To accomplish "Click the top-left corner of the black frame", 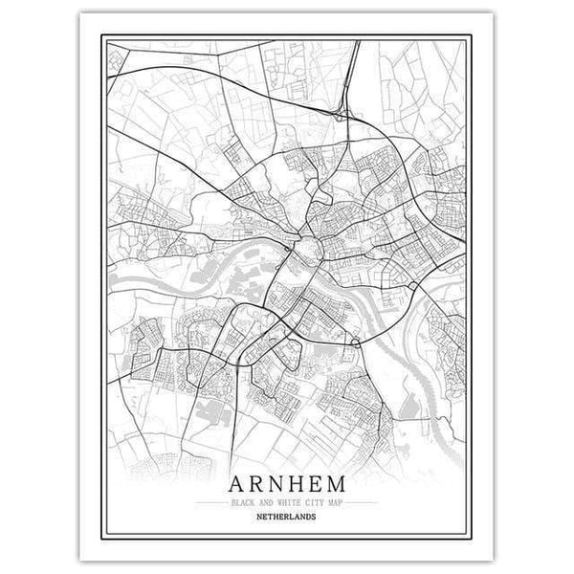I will (x=99, y=38).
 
